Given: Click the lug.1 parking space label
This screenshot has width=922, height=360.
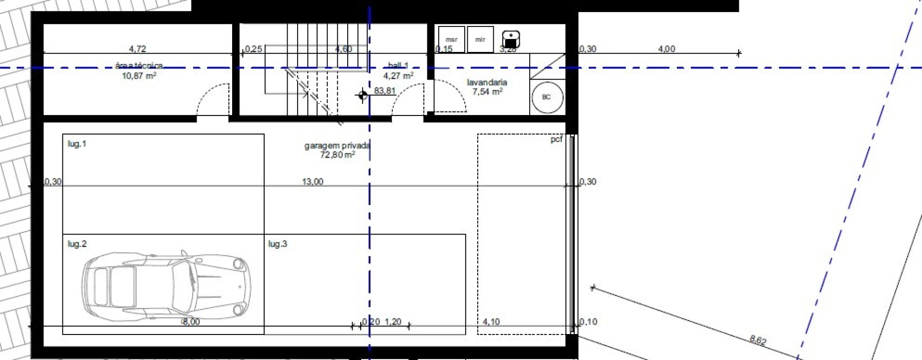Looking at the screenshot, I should coord(77,144).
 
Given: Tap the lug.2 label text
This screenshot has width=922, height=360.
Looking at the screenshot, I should coord(77,244).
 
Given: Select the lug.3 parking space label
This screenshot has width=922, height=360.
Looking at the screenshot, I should coord(278,244).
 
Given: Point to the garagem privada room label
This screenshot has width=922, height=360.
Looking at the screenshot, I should coord(337,145).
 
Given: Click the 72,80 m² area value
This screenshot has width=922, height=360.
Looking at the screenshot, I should coord(337,155).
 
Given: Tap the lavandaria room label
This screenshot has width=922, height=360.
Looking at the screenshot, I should coord(487,82).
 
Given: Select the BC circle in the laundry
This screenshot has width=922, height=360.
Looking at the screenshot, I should coord(546,97).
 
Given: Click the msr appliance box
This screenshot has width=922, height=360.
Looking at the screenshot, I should coord(451,39).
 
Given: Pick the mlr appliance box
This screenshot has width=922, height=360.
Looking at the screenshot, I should coord(480,39).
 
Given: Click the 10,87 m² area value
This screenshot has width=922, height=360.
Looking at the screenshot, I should coord(139,76).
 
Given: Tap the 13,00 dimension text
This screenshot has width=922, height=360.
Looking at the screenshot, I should coord(313,181).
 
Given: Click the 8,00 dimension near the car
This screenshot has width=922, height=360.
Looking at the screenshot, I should coord(191,322).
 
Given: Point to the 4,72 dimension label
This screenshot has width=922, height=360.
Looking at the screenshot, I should coord(137,49).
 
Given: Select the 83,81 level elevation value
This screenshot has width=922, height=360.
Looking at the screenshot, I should coord(385,91).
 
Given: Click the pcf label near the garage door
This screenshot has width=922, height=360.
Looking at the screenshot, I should coord(556,139).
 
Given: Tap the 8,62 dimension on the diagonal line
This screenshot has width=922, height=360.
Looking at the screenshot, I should coord(758,340).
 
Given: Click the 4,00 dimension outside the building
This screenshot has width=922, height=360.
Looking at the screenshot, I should coord(666,49).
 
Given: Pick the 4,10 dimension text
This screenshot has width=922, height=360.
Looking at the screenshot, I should coord(491,322).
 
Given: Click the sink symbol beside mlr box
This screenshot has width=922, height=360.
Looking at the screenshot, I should coord(511,39).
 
